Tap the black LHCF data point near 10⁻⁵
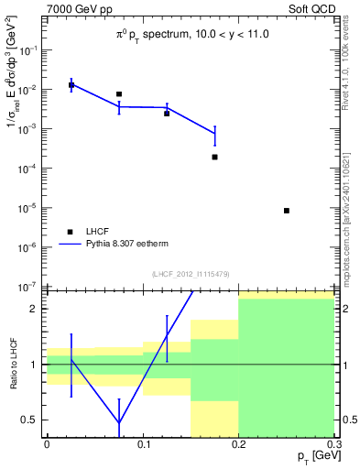287,211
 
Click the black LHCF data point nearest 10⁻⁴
214,157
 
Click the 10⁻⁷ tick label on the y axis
29,287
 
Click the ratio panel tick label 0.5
33,420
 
